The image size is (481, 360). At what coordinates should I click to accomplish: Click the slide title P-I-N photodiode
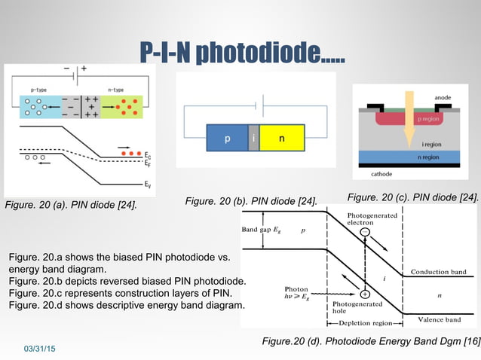[240, 52]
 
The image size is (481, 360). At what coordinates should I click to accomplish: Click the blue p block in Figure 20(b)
[227, 139]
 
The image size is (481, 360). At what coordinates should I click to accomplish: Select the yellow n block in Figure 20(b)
[282, 139]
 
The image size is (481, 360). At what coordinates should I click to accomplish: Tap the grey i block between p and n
[254, 139]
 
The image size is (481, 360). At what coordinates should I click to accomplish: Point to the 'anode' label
[443, 97]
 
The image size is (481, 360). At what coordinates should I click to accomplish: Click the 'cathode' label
[381, 174]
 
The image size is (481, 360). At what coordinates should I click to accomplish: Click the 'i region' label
[433, 144]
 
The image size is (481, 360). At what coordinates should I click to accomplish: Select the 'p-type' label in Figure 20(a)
[40, 90]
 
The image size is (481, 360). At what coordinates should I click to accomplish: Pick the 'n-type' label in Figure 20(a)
[116, 90]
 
